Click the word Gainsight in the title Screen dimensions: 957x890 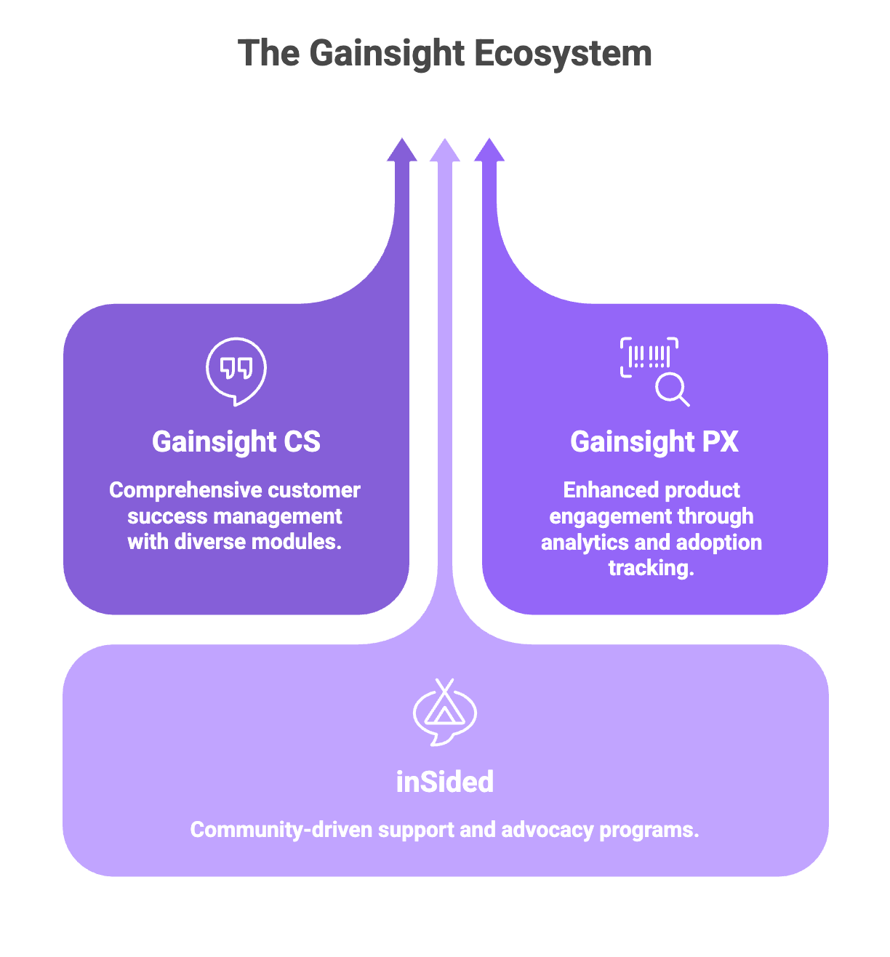pyautogui.click(x=386, y=54)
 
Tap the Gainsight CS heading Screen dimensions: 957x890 pyautogui.click(x=236, y=441)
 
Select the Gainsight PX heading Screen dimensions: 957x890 pyautogui.click(x=654, y=441)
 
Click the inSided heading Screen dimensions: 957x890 pyautogui.click(x=445, y=782)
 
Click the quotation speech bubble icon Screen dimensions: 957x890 pyautogui.click(x=236, y=370)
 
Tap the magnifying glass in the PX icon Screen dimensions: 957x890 pyautogui.click(x=672, y=389)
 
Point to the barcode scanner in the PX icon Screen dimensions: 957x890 pyautogui.click(x=649, y=357)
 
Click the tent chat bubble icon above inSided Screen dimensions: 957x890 pyautogui.click(x=444, y=712)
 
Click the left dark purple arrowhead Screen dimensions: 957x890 pyautogui.click(x=401, y=150)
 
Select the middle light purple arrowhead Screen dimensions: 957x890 pyautogui.click(x=445, y=150)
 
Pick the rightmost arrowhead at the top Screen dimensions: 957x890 pyautogui.click(x=489, y=150)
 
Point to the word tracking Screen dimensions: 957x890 pyautogui.click(x=652, y=568)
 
